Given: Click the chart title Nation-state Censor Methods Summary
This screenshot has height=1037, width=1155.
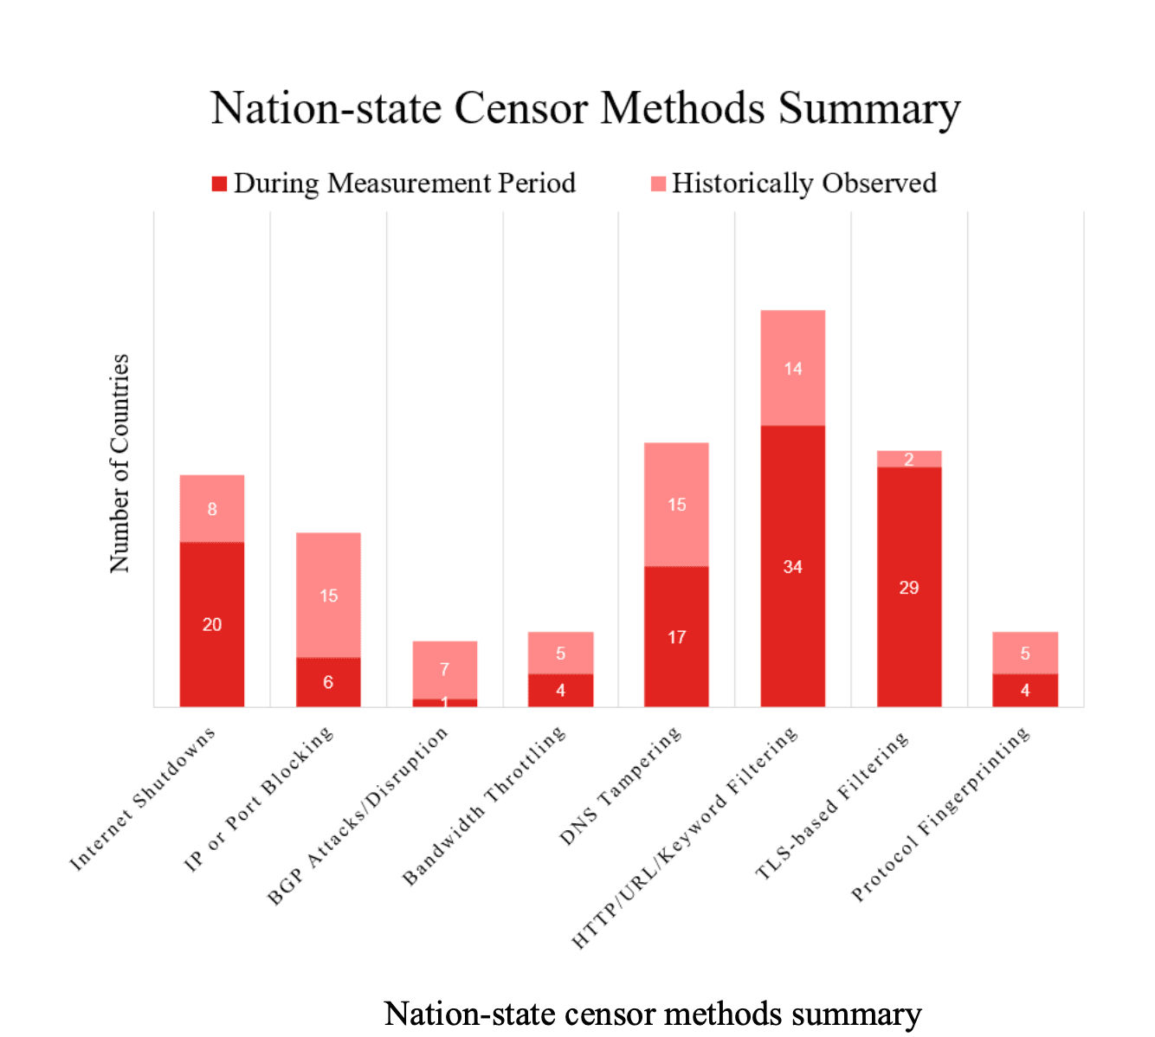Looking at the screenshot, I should [585, 109].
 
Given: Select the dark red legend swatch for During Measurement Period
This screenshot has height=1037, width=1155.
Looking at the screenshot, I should [220, 184].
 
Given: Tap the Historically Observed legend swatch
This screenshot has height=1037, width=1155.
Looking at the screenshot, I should [659, 184].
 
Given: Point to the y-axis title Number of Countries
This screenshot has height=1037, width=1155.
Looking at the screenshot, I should [119, 463].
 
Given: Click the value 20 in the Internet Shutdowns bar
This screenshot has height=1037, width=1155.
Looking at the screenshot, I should [212, 624].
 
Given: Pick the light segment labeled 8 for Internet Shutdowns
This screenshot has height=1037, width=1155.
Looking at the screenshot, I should [212, 509].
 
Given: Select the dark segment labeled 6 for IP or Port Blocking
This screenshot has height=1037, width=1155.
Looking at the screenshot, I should [328, 682].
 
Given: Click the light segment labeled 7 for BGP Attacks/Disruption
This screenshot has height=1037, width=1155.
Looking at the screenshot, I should [444, 669].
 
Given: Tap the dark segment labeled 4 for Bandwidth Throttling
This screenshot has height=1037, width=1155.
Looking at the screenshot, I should [561, 690].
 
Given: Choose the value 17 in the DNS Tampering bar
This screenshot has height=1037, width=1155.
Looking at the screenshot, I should [677, 637].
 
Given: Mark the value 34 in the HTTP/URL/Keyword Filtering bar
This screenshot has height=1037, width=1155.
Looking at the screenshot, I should [793, 567].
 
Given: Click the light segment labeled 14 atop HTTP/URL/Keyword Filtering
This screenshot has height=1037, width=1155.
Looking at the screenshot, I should [793, 369].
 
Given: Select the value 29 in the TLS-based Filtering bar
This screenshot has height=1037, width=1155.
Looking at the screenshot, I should [909, 588].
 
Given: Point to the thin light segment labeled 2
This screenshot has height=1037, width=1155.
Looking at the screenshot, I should [909, 459].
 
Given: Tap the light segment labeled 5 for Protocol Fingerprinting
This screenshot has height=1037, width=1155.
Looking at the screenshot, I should [1025, 653].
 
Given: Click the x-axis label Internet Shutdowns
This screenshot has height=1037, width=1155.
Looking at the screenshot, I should [143, 799].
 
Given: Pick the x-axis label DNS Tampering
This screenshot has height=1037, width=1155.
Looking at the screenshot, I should [621, 786].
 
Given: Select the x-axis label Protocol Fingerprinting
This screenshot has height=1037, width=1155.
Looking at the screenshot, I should [941, 814].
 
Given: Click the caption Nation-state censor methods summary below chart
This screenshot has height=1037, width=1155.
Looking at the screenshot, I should [653, 1014].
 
